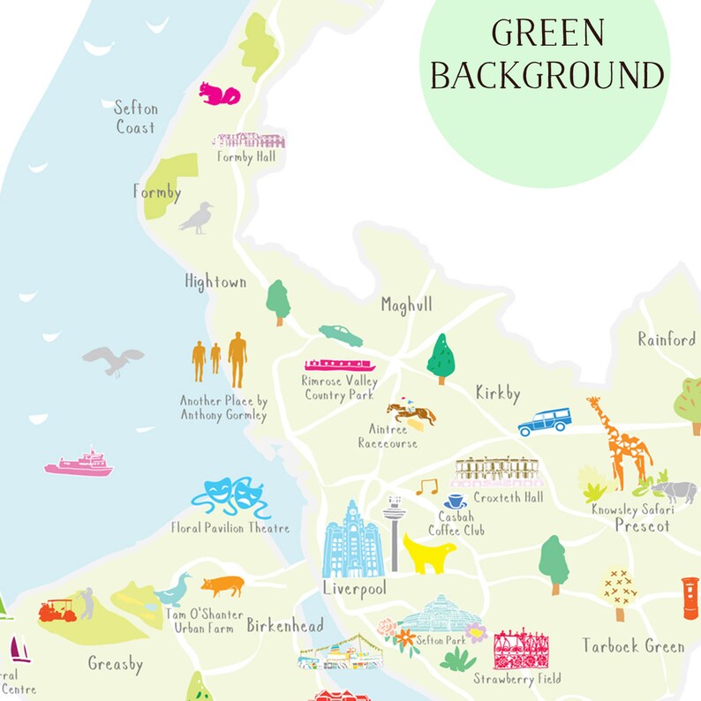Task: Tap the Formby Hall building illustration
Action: click(248, 140)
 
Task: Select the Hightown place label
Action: click(215, 282)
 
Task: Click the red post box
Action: click(690, 598)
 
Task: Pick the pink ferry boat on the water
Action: click(79, 464)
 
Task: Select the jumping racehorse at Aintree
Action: click(410, 413)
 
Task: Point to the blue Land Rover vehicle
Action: click(544, 421)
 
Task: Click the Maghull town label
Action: click(406, 305)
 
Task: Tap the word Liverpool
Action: click(354, 588)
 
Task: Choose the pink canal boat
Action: click(340, 365)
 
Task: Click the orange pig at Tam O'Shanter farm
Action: click(222, 585)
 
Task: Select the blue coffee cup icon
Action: click(456, 501)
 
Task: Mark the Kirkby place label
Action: click(497, 393)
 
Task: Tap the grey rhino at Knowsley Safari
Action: click(675, 491)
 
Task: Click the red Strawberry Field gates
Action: click(520, 651)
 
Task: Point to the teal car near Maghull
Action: click(341, 335)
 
